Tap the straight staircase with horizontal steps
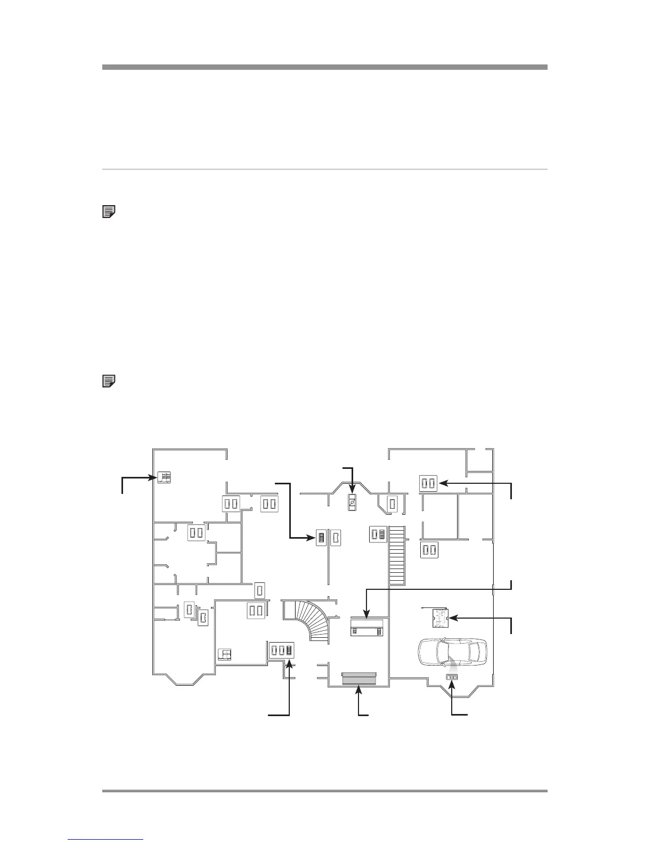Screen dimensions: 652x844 (397, 556)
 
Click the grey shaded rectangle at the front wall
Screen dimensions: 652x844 (360, 678)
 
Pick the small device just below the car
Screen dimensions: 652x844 (452, 677)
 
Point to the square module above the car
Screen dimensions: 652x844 (439, 618)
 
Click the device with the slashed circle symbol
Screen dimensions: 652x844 (352, 502)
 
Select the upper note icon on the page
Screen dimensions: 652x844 (109, 212)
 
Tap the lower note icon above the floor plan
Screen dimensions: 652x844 (109, 381)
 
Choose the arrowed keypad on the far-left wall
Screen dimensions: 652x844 (164, 477)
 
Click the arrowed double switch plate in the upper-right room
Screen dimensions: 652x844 (428, 483)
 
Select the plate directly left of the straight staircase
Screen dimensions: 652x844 (378, 534)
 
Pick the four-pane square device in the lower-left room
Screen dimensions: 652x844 (226, 655)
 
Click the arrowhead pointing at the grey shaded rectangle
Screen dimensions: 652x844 (360, 690)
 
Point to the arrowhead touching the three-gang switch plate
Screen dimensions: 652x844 (289, 663)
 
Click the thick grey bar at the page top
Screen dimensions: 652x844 (325, 67)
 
